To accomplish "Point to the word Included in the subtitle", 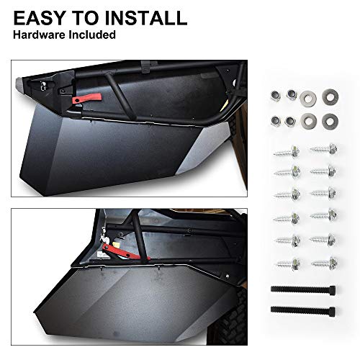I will pos(90,35).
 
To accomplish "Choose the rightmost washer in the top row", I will pos(330,94).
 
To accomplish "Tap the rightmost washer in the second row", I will pos(330,120).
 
